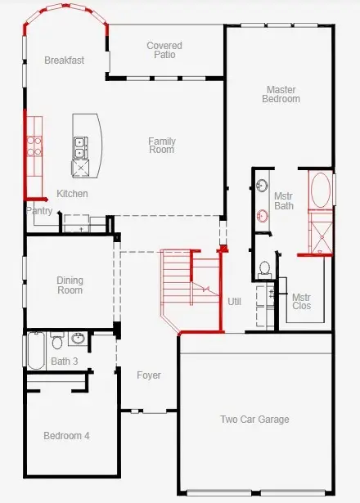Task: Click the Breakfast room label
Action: point(64,61)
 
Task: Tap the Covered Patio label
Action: point(164,50)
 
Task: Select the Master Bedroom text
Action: point(281,94)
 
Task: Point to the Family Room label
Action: point(162,146)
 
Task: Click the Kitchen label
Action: point(72,194)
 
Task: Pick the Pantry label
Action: point(39,211)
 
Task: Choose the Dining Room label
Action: point(70,285)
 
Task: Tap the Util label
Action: point(234,302)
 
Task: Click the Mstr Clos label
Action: point(302,302)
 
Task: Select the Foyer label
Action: point(149,375)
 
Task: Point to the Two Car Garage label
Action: point(254,420)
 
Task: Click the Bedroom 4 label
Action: point(66,436)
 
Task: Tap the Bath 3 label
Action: point(64,362)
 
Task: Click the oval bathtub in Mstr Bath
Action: point(320,191)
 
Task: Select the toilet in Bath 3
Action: point(57,340)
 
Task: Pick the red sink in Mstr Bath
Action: point(263,216)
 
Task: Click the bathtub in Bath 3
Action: point(36,351)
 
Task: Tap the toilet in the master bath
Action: point(264,269)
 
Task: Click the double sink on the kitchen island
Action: point(80,148)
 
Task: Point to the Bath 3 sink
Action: point(78,339)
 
